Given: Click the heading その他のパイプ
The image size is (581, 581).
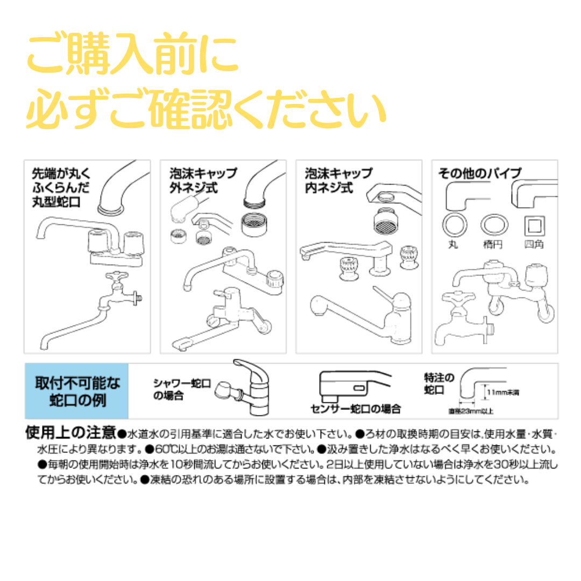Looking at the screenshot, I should tap(479, 173).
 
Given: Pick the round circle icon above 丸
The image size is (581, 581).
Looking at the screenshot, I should tap(454, 224).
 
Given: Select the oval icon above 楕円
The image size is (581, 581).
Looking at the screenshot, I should tap(494, 224).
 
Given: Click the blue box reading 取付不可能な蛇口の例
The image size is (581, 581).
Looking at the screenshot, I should tap(76, 391).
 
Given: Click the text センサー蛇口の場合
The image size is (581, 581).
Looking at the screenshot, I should tap(356, 409).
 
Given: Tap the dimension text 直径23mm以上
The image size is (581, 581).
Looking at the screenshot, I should tap(471, 412).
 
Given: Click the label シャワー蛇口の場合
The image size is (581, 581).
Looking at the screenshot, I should tap(182, 389).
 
